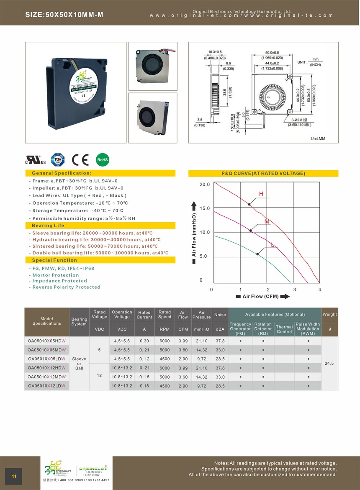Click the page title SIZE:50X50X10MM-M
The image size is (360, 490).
point(64,15)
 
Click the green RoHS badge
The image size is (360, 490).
point(103,159)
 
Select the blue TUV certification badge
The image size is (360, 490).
point(58,159)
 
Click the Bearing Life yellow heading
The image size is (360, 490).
point(48,226)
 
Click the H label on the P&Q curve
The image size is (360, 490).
point(261,194)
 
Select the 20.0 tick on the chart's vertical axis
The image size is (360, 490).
point(204,185)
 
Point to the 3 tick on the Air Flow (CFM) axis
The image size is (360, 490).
point(295,290)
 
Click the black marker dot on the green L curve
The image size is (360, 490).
point(257,254)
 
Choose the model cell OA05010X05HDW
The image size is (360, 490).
point(47,341)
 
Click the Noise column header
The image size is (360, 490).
point(220,315)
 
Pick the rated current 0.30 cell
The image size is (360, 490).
point(144,341)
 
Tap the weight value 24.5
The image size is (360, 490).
point(329,364)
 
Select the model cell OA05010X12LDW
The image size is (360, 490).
point(47,386)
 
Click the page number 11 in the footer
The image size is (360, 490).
point(14,477)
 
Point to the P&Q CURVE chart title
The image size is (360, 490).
point(263,173)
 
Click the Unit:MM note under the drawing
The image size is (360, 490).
point(318,139)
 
